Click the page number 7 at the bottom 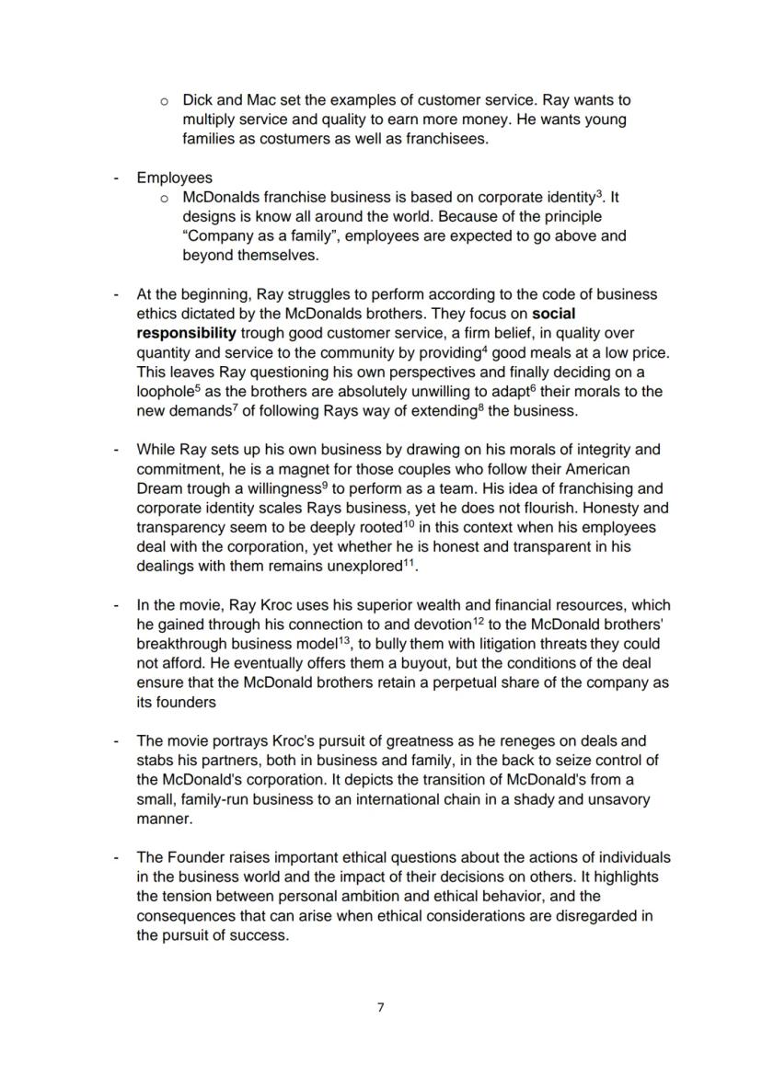click(x=381, y=1007)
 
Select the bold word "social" click(x=554, y=314)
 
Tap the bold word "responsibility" click(x=186, y=333)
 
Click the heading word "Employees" click(x=174, y=178)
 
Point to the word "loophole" click(x=164, y=392)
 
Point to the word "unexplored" click(x=364, y=567)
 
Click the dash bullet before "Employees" click(x=116, y=178)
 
